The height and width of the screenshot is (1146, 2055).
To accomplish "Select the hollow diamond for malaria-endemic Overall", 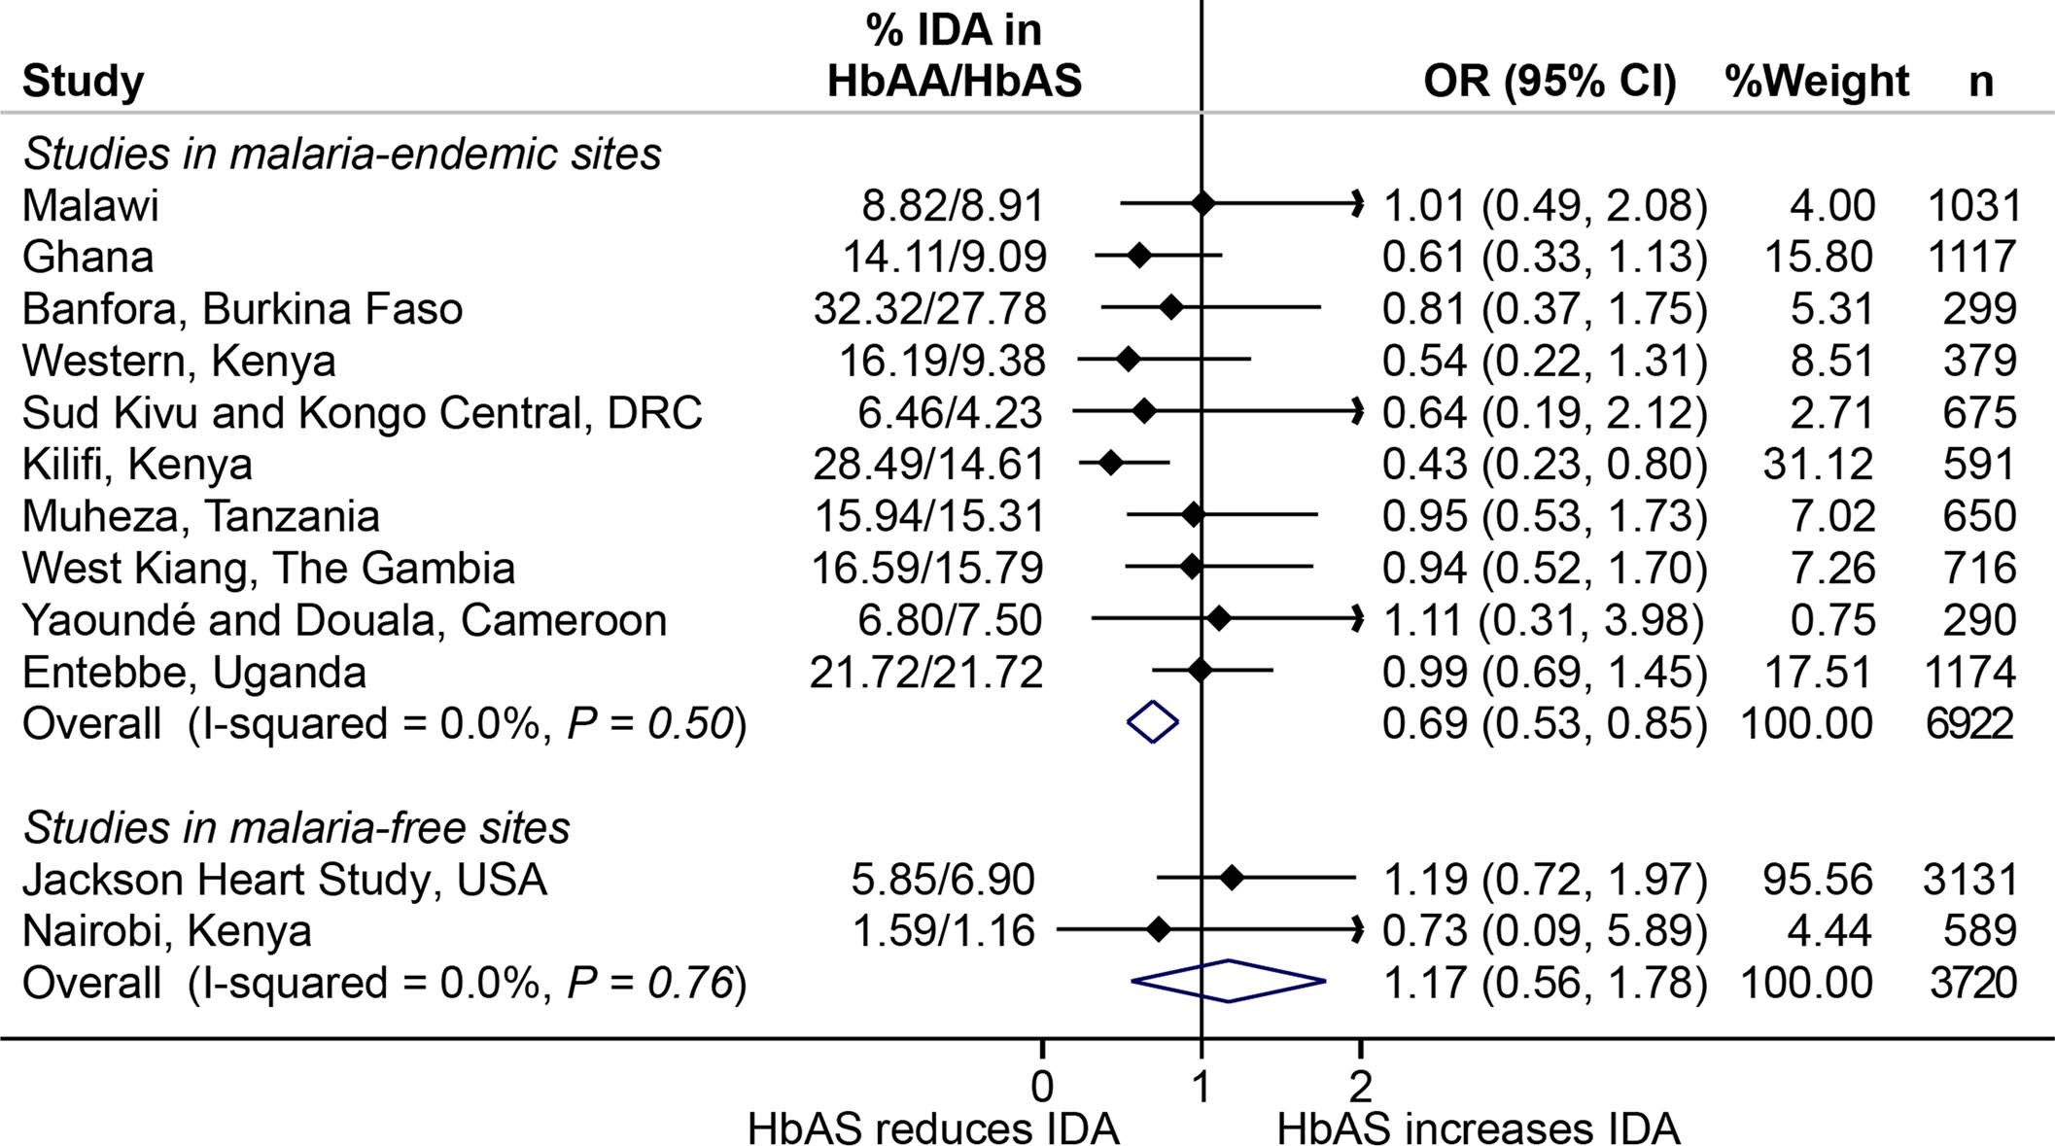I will [1153, 722].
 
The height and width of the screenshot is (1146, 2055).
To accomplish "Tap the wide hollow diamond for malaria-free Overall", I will [1229, 981].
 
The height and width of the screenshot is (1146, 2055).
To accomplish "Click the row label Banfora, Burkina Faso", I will [242, 309].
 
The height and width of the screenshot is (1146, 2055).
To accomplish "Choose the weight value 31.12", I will [1818, 464].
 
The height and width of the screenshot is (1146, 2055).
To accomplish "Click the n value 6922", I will [1969, 723].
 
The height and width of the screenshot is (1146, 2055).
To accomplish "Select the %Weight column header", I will [1817, 81].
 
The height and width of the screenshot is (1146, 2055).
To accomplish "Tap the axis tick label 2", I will [1360, 1086].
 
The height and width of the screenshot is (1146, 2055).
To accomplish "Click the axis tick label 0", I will [1041, 1086].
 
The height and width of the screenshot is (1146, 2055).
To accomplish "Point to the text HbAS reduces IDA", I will [933, 1129].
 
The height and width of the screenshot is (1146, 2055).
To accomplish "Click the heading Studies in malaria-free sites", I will [296, 828].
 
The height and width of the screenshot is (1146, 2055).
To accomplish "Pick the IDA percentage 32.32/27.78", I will [929, 309].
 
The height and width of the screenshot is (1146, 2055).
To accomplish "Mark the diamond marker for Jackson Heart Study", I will [1232, 879].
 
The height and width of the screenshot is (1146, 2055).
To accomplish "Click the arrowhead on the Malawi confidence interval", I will [1357, 203].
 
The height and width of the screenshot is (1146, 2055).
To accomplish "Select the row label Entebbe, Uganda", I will [194, 673].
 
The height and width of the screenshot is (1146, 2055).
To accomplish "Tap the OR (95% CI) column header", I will [1550, 81].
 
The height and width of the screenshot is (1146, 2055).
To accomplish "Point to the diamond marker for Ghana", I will [1139, 256].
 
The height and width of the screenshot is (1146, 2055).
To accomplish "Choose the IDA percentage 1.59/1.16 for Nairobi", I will [943, 931].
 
